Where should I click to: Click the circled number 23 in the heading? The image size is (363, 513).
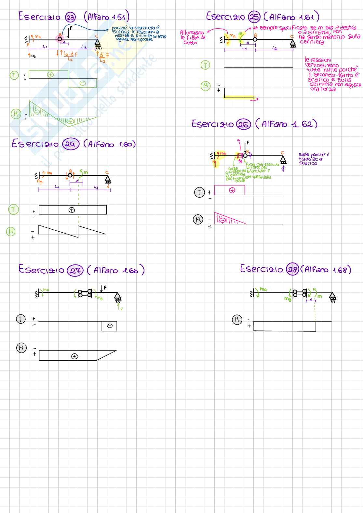[71, 17]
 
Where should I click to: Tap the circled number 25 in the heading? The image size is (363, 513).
[254, 17]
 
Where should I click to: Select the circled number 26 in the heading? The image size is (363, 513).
[243, 125]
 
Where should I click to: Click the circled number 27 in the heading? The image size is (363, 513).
[75, 271]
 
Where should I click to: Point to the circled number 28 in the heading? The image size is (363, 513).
[292, 269]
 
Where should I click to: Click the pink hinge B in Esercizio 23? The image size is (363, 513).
[60, 39]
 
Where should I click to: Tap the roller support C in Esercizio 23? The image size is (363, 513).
[97, 44]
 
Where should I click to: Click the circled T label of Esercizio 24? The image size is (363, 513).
[13, 210]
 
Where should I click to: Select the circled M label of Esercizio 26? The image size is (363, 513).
[198, 220]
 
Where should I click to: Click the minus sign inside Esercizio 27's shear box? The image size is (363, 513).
[110, 326]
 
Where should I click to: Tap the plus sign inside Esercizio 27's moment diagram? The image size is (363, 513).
[74, 356]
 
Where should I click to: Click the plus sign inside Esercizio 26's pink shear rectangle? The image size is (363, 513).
[232, 190]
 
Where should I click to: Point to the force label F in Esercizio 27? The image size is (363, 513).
[105, 288]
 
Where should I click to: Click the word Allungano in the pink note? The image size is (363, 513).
[192, 32]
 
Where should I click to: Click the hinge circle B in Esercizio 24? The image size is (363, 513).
[70, 175]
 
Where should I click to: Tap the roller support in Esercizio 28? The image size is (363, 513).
[332, 296]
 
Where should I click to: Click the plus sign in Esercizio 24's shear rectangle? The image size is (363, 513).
[72, 210]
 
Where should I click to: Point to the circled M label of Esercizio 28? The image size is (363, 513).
[237, 320]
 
